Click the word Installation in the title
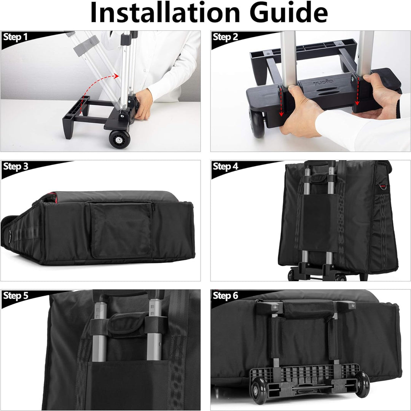click(x=165, y=12)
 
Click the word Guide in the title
click(x=289, y=12)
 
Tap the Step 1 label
click(x=15, y=37)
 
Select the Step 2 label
click(x=225, y=37)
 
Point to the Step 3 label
click(x=16, y=166)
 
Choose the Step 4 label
click(x=225, y=166)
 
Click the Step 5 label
click(x=16, y=296)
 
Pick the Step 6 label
click(x=225, y=296)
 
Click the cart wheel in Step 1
click(x=119, y=139)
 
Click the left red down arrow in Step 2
click(x=281, y=102)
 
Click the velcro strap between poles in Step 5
click(x=127, y=324)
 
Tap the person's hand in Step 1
click(x=143, y=104)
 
